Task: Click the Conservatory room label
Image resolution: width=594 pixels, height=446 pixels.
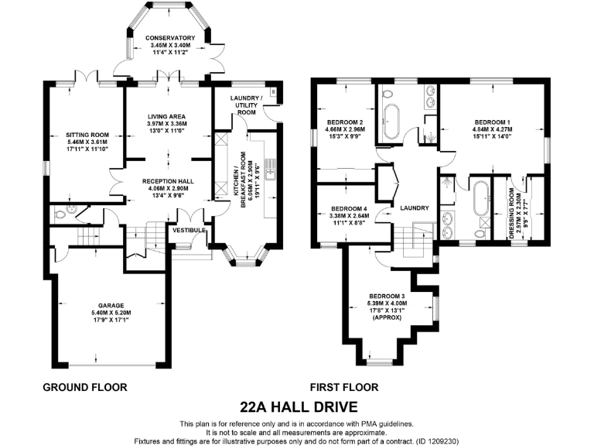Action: coord(170,38)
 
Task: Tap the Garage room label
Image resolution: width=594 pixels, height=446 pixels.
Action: coord(111,306)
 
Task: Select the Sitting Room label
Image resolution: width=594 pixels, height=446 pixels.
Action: coord(87,135)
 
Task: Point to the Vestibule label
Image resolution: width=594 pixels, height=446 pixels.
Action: coord(189,230)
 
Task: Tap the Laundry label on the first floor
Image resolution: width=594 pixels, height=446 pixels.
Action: coord(415,208)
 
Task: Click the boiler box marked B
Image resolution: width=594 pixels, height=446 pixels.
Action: coord(273,92)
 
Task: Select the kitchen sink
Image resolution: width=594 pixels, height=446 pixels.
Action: coord(271,170)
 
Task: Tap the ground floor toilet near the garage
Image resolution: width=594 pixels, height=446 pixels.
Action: coord(60,215)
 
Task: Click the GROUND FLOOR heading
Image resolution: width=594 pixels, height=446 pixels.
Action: coord(85,387)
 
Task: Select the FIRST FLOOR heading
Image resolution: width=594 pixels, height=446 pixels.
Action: coord(344,387)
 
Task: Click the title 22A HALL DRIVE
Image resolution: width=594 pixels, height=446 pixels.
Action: coord(299,407)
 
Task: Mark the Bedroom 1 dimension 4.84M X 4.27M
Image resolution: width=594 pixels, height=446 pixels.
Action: coord(492,129)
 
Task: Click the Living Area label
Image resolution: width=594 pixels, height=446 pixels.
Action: coord(167,116)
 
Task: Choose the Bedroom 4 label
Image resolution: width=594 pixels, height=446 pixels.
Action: coord(349,209)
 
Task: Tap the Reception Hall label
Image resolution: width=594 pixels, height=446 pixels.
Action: coord(168,181)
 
